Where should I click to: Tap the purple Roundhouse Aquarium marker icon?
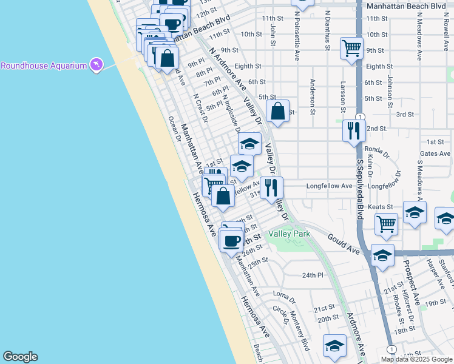pyautogui.click(x=96, y=64)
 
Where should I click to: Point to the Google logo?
pyautogui.click(x=20, y=357)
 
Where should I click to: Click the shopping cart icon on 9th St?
pyautogui.click(x=352, y=47)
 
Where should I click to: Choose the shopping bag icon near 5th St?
pyautogui.click(x=278, y=112)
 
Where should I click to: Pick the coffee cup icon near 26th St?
pyautogui.click(x=231, y=240)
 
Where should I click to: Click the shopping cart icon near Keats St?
pyautogui.click(x=387, y=224)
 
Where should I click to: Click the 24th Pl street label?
pyautogui.click(x=313, y=275)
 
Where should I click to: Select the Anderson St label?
pyautogui.click(x=313, y=96)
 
